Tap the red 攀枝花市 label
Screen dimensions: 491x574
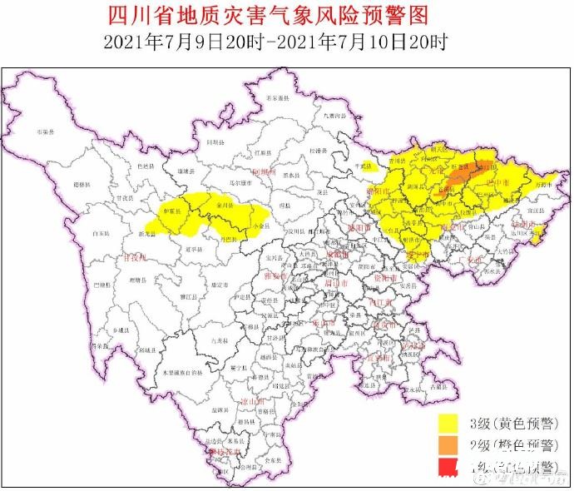coord(223,450)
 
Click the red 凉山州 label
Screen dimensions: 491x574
coord(251,401)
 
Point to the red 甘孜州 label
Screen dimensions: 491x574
coord(132,259)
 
